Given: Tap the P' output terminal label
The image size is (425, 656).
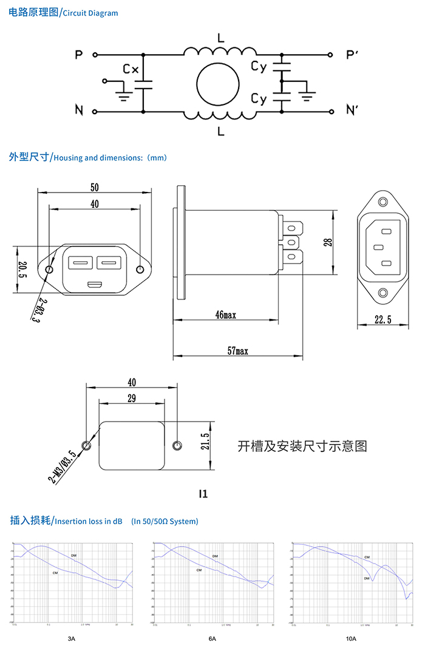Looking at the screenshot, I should (x=352, y=55).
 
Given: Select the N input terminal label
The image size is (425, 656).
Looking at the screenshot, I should (x=79, y=110).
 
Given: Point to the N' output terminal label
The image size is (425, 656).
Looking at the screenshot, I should (x=352, y=110).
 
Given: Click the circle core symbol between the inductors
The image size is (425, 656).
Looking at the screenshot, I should (x=217, y=84).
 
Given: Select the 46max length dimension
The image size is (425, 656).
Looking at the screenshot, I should (x=225, y=315).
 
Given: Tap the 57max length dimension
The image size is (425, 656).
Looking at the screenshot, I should (x=237, y=350).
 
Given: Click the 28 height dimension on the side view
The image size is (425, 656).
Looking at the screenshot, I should (x=328, y=241).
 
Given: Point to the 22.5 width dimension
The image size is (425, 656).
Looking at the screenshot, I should (x=382, y=320).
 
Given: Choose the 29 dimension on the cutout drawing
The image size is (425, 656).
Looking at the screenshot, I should (x=131, y=398).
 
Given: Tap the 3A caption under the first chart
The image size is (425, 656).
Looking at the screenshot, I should (x=72, y=638).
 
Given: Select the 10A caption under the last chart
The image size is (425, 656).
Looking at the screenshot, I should (x=351, y=638).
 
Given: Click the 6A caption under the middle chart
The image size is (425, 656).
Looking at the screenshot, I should (x=212, y=638).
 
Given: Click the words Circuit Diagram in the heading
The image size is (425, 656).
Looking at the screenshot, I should (x=90, y=13).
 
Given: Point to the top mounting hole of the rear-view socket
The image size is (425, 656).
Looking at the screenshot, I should (x=382, y=202).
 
